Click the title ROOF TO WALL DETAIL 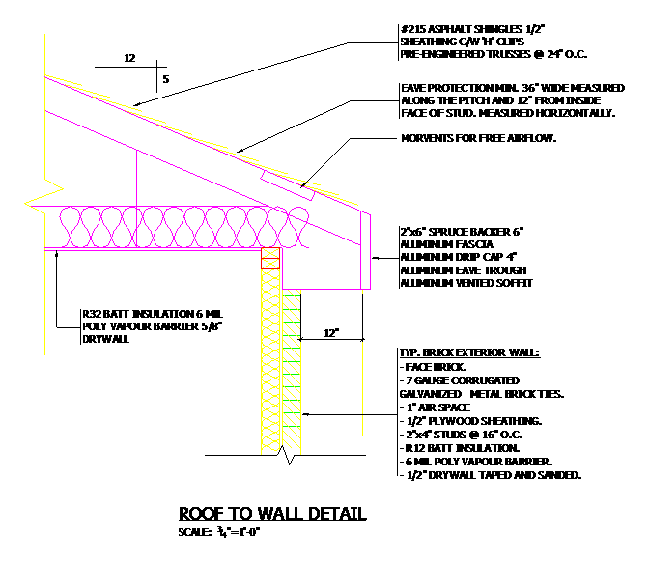(272, 513)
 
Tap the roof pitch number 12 (129, 59)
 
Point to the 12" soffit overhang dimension (331, 333)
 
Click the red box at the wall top (270, 258)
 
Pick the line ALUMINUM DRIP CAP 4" (452, 258)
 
